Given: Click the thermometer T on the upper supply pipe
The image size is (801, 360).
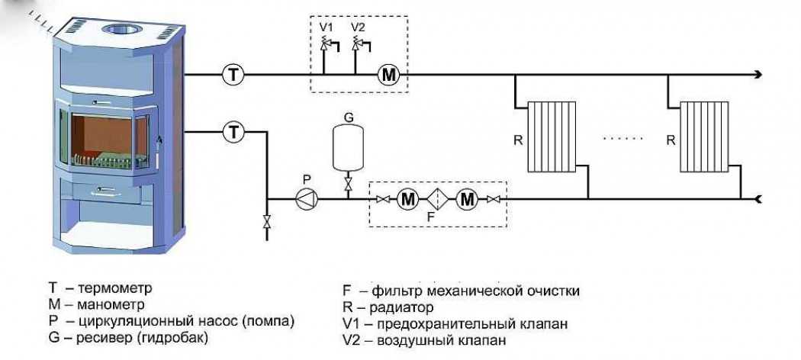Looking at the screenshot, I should tap(233, 74).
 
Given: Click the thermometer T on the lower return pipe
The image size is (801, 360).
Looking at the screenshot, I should tap(233, 132).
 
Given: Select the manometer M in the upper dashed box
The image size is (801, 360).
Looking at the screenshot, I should tap(389, 74).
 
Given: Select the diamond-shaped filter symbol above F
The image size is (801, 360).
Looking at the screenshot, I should tap(438, 200).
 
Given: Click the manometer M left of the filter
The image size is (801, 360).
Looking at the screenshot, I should tap(409, 200).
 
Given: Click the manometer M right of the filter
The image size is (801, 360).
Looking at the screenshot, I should tap(467, 200).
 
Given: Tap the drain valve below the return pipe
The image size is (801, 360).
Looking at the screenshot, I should tap(266, 222).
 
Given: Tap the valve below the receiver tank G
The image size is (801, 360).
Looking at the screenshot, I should tap(348, 185).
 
